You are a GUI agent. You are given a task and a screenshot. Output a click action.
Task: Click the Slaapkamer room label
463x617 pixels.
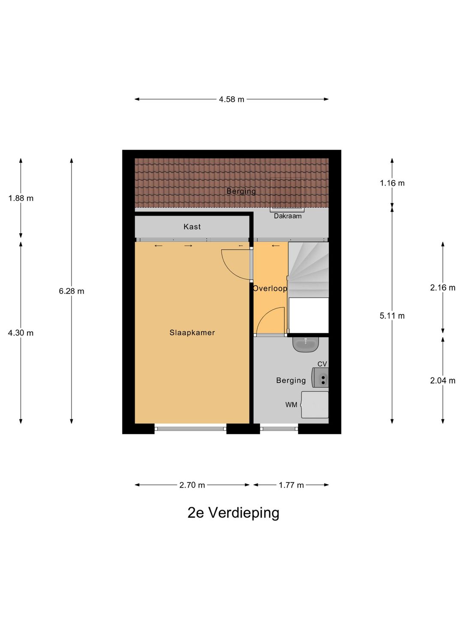tap(192, 332)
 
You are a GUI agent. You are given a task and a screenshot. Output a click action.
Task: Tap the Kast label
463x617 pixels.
tap(192, 227)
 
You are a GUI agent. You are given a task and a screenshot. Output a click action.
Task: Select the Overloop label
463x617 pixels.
tap(270, 288)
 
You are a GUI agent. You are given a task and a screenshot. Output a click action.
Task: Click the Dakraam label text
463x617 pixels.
tap(288, 216)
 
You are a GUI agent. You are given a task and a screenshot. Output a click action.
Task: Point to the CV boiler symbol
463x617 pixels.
tap(320, 377)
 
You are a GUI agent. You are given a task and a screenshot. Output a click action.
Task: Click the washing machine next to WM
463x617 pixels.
tap(315, 404)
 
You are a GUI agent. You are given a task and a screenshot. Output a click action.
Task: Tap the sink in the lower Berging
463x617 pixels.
tap(306, 344)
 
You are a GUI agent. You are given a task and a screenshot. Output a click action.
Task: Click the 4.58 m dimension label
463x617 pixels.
tap(231, 99)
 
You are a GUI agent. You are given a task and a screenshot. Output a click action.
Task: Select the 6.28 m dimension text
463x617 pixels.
tap(72, 291)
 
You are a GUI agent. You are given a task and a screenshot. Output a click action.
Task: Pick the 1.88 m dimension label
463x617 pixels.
tap(21, 198)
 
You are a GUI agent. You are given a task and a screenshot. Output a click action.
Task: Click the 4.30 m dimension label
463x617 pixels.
tap(21, 333)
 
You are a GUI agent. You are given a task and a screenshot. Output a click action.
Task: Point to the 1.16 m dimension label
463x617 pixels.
tap(392, 183)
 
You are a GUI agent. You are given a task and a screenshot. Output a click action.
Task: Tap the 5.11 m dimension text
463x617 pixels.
tap(392, 316)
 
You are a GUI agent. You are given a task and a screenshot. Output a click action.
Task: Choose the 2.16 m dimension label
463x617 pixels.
tap(442, 288)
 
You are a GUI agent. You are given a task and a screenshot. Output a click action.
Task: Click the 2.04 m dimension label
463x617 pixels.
tap(442, 380)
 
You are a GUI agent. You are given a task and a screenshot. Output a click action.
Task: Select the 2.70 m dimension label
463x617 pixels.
tap(192, 485)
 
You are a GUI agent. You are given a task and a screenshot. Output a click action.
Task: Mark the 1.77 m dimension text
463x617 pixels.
tap(291, 485)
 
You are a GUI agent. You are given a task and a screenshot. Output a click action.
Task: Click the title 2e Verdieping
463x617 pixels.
tap(233, 512)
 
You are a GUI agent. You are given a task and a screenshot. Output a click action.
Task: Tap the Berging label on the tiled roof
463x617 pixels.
tap(241, 191)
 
